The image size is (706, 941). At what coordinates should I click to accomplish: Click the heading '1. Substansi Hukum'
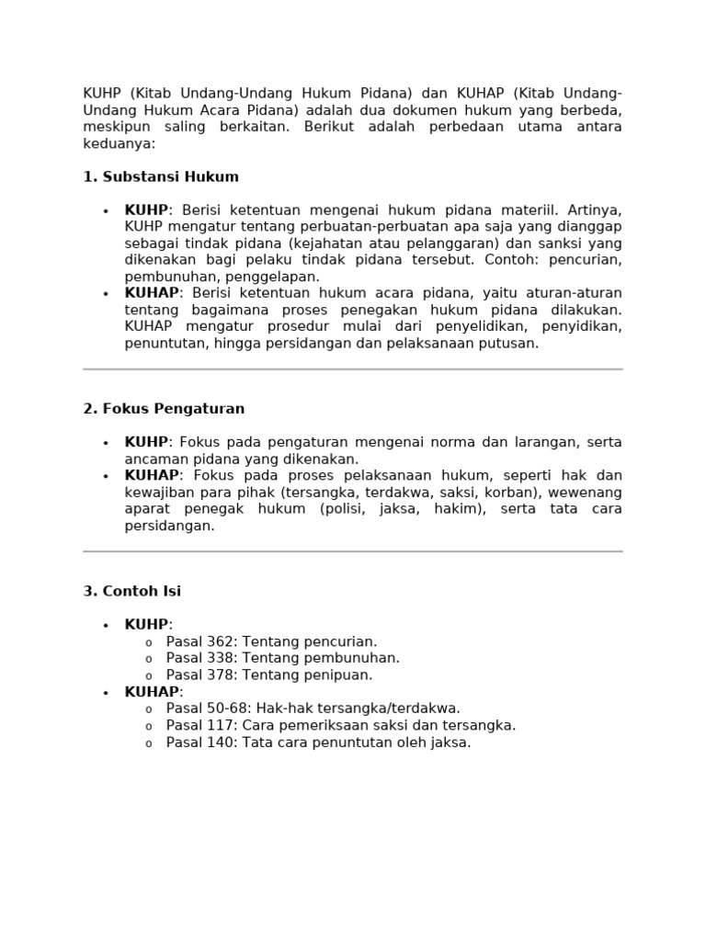[x=161, y=176]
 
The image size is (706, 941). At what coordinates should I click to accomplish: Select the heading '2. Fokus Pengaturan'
[x=164, y=408]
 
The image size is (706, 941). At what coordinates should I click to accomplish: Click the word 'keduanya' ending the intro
[x=120, y=143]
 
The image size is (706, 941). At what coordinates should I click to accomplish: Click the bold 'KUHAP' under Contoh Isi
[x=152, y=692]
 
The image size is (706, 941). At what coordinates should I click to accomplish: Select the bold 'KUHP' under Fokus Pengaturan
[x=146, y=442]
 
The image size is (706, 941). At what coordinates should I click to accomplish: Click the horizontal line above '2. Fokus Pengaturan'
[x=353, y=369]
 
